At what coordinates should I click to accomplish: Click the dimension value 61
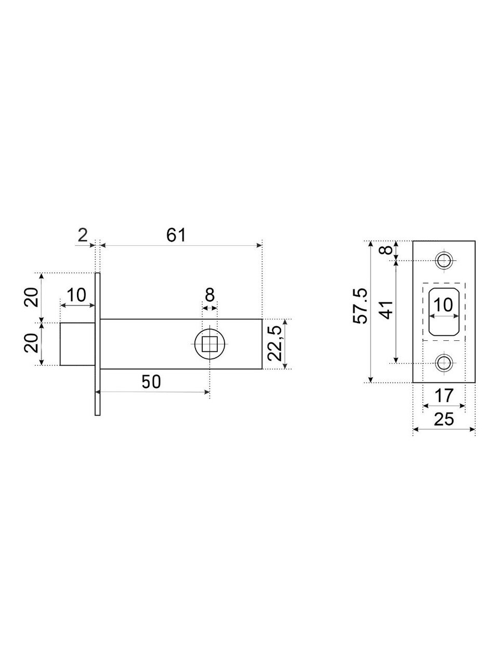(x=176, y=235)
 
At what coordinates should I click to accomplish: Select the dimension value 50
(x=151, y=382)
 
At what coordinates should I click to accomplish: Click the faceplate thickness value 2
(x=83, y=235)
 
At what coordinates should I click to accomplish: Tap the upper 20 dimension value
(x=32, y=296)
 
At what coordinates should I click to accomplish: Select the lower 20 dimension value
(x=32, y=344)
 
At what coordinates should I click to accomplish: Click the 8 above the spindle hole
(x=209, y=295)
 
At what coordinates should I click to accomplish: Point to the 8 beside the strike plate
(x=386, y=250)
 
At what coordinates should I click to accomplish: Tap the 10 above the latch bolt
(x=77, y=295)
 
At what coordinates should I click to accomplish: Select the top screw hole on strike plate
(x=444, y=259)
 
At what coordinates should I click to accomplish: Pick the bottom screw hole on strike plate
(x=444, y=363)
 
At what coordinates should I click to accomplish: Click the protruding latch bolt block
(x=77, y=344)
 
